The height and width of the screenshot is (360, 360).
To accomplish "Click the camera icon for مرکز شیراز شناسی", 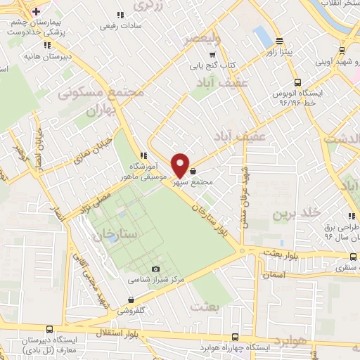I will click(155, 269).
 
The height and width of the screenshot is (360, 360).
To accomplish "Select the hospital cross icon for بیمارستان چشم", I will click(36, 12).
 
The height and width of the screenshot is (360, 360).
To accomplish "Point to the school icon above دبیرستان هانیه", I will click(46, 45).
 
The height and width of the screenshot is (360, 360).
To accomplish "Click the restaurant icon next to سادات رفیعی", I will click(120, 15).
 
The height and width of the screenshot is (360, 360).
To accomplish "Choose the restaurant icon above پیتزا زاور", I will click(280, 41).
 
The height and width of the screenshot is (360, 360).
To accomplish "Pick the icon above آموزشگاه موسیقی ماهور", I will click(143, 155).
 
